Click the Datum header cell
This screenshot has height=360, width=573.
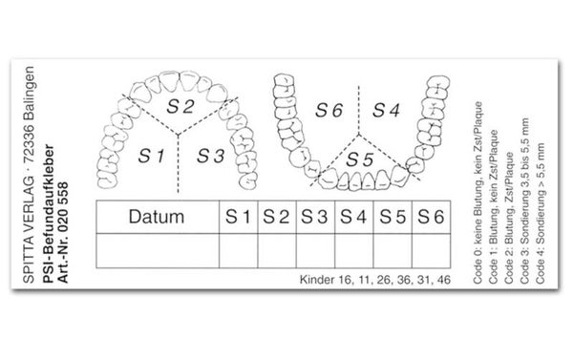[x=158, y=217]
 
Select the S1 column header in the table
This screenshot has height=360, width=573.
[x=239, y=217]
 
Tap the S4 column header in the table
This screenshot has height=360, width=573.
[x=354, y=217]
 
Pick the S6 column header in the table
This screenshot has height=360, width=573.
[x=432, y=217]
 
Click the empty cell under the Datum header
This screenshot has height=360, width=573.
[x=158, y=251]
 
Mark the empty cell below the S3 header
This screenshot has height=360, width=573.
[x=316, y=251]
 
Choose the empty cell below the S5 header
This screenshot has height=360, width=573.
[x=393, y=251]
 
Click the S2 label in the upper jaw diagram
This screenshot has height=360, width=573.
[x=180, y=106]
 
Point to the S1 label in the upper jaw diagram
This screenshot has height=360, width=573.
[x=151, y=156]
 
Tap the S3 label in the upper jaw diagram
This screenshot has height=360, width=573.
[x=211, y=156]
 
